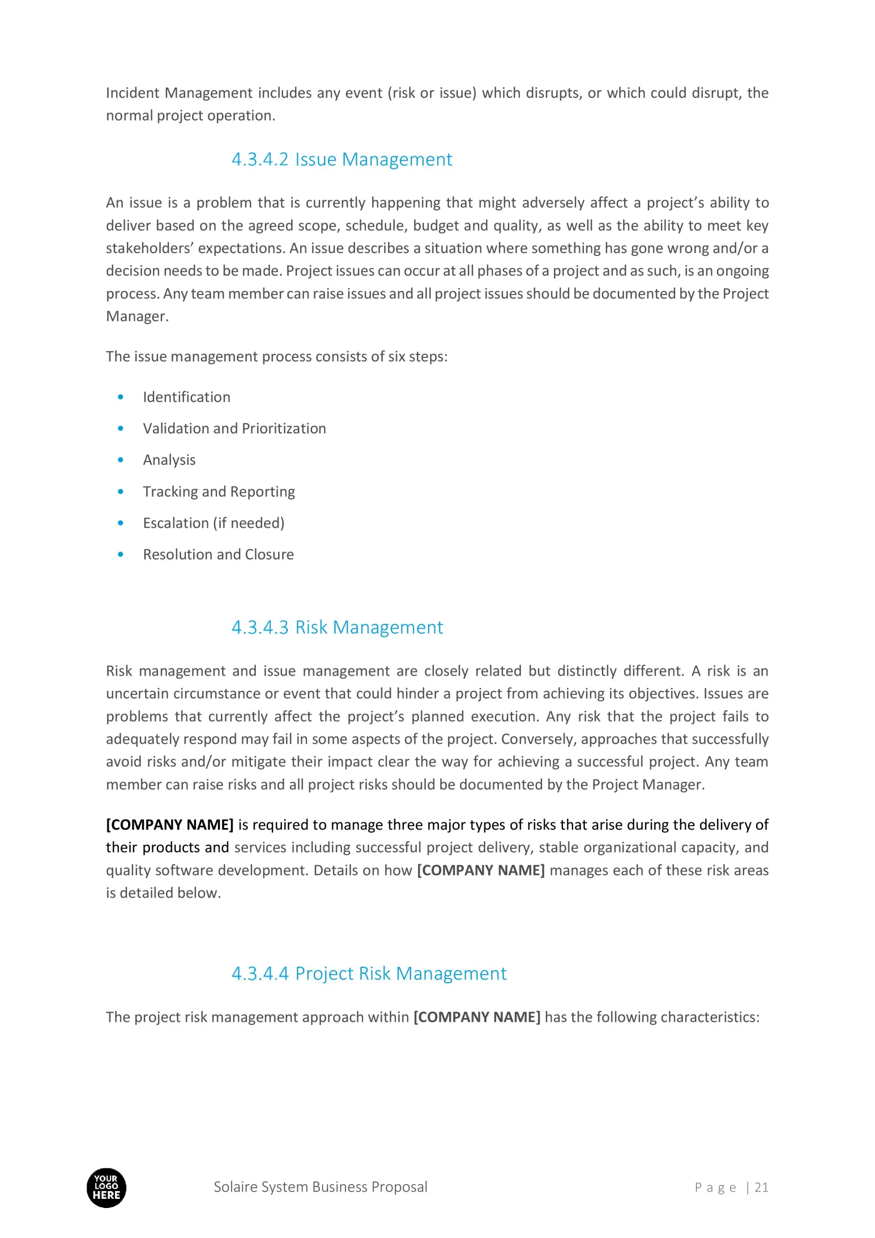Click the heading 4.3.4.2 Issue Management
click(x=341, y=160)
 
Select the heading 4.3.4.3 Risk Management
click(x=337, y=627)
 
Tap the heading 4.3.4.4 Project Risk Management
click(x=369, y=973)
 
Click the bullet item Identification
click(x=186, y=398)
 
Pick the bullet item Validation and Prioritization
click(x=234, y=428)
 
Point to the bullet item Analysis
click(x=169, y=460)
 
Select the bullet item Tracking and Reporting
click(x=219, y=492)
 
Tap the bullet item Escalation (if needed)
click(x=213, y=523)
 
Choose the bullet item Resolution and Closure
click(x=218, y=555)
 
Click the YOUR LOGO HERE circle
click(x=106, y=1188)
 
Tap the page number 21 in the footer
click(x=761, y=1187)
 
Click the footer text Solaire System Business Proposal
click(x=320, y=1187)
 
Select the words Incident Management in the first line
click(x=178, y=93)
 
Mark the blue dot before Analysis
click(x=120, y=460)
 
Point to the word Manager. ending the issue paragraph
click(x=137, y=316)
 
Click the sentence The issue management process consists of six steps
click(x=276, y=357)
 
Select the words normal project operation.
click(x=191, y=116)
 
